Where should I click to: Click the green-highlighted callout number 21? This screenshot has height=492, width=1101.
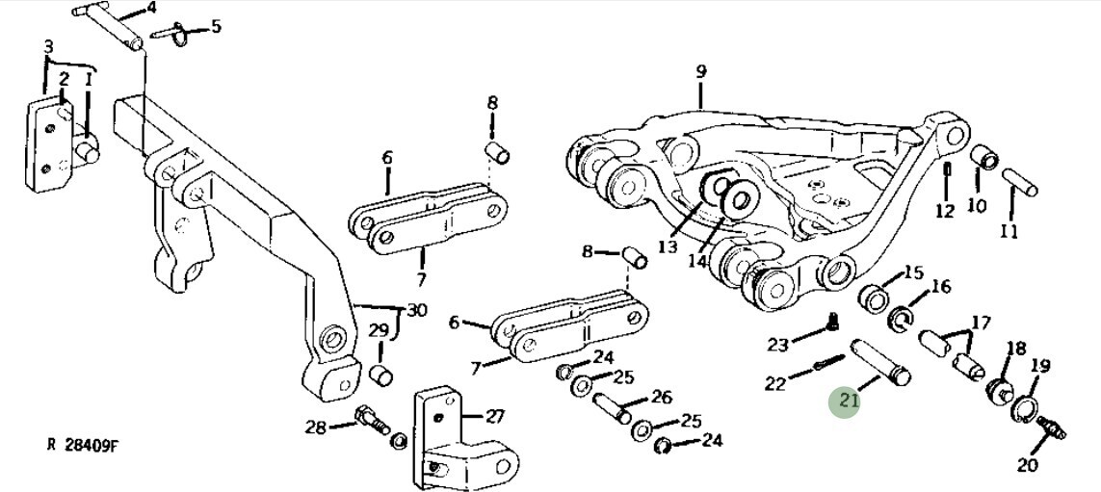pyautogui.click(x=848, y=399)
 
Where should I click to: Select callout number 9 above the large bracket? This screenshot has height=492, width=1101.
pyautogui.click(x=701, y=71)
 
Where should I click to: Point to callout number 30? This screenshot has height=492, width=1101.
pyautogui.click(x=416, y=310)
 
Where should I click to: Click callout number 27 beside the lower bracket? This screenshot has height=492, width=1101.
pyautogui.click(x=494, y=416)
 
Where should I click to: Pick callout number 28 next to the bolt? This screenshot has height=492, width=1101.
pyautogui.click(x=315, y=427)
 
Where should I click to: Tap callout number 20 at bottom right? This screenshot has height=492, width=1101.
pyautogui.click(x=1028, y=465)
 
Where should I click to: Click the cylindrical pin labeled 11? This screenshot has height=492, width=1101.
pyautogui.click(x=1018, y=181)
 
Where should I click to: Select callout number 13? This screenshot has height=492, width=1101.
pyautogui.click(x=668, y=246)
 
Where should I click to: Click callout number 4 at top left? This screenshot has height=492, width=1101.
pyautogui.click(x=150, y=8)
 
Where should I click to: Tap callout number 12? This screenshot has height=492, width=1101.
pyautogui.click(x=945, y=211)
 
